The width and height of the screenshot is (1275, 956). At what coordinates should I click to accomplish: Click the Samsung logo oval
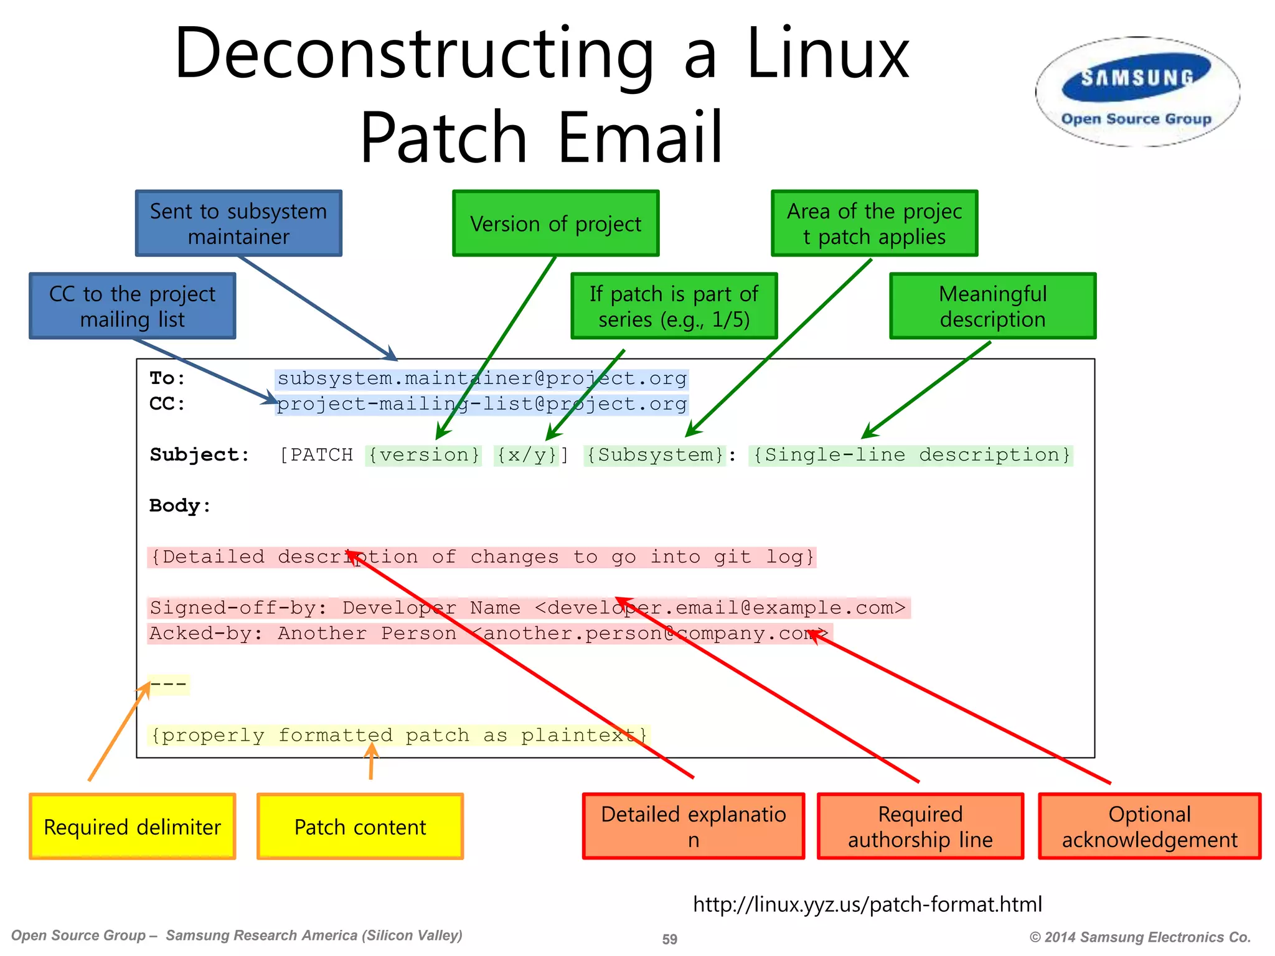[1137, 91]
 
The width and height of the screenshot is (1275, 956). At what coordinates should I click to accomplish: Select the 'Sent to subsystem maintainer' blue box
[238, 223]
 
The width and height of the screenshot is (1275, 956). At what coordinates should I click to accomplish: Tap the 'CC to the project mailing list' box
[132, 306]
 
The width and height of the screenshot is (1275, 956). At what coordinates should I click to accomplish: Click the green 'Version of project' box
[555, 223]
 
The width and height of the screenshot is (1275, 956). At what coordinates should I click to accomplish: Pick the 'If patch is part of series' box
[674, 306]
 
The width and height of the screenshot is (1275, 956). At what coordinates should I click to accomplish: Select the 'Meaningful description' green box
[992, 306]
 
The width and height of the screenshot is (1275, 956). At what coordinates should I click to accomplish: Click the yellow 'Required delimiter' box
[132, 827]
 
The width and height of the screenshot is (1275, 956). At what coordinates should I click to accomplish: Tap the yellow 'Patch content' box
[360, 827]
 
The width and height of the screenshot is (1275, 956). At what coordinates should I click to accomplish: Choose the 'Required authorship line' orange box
[920, 827]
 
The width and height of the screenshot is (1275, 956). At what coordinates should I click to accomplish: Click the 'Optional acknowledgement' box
[1149, 827]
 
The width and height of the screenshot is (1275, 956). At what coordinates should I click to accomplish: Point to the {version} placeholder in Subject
[424, 455]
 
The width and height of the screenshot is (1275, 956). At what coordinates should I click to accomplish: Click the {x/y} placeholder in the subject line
[526, 455]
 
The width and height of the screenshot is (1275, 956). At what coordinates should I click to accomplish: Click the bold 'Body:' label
[180, 506]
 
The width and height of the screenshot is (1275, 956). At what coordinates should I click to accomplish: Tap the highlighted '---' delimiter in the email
[168, 685]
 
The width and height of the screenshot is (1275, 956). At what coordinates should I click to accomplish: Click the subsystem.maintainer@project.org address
[482, 378]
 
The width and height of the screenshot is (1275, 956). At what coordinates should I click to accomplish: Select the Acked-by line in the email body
[489, 634]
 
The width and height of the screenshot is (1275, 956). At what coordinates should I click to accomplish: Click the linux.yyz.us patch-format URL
[867, 904]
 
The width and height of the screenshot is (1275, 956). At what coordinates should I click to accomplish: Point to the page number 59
[669, 939]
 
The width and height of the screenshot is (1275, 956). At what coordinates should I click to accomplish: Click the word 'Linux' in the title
[828, 55]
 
